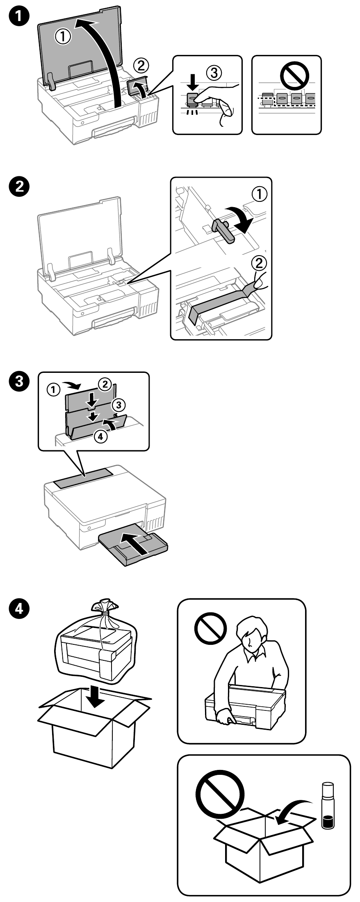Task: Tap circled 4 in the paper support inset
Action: (x=100, y=436)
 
